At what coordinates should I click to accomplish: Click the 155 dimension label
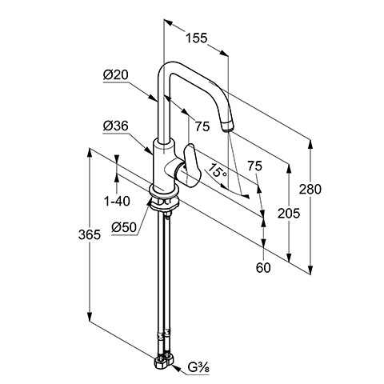click(x=196, y=38)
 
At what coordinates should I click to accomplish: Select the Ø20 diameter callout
click(x=116, y=75)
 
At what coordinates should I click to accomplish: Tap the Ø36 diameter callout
click(x=116, y=126)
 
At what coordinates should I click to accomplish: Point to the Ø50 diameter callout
click(x=124, y=227)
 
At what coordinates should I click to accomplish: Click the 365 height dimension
click(x=90, y=234)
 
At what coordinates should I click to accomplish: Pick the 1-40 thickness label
click(x=117, y=201)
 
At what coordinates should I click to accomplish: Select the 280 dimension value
click(x=310, y=190)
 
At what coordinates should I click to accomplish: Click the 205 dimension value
click(x=289, y=214)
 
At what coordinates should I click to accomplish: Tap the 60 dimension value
click(x=263, y=268)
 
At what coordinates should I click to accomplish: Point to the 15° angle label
click(x=218, y=171)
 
